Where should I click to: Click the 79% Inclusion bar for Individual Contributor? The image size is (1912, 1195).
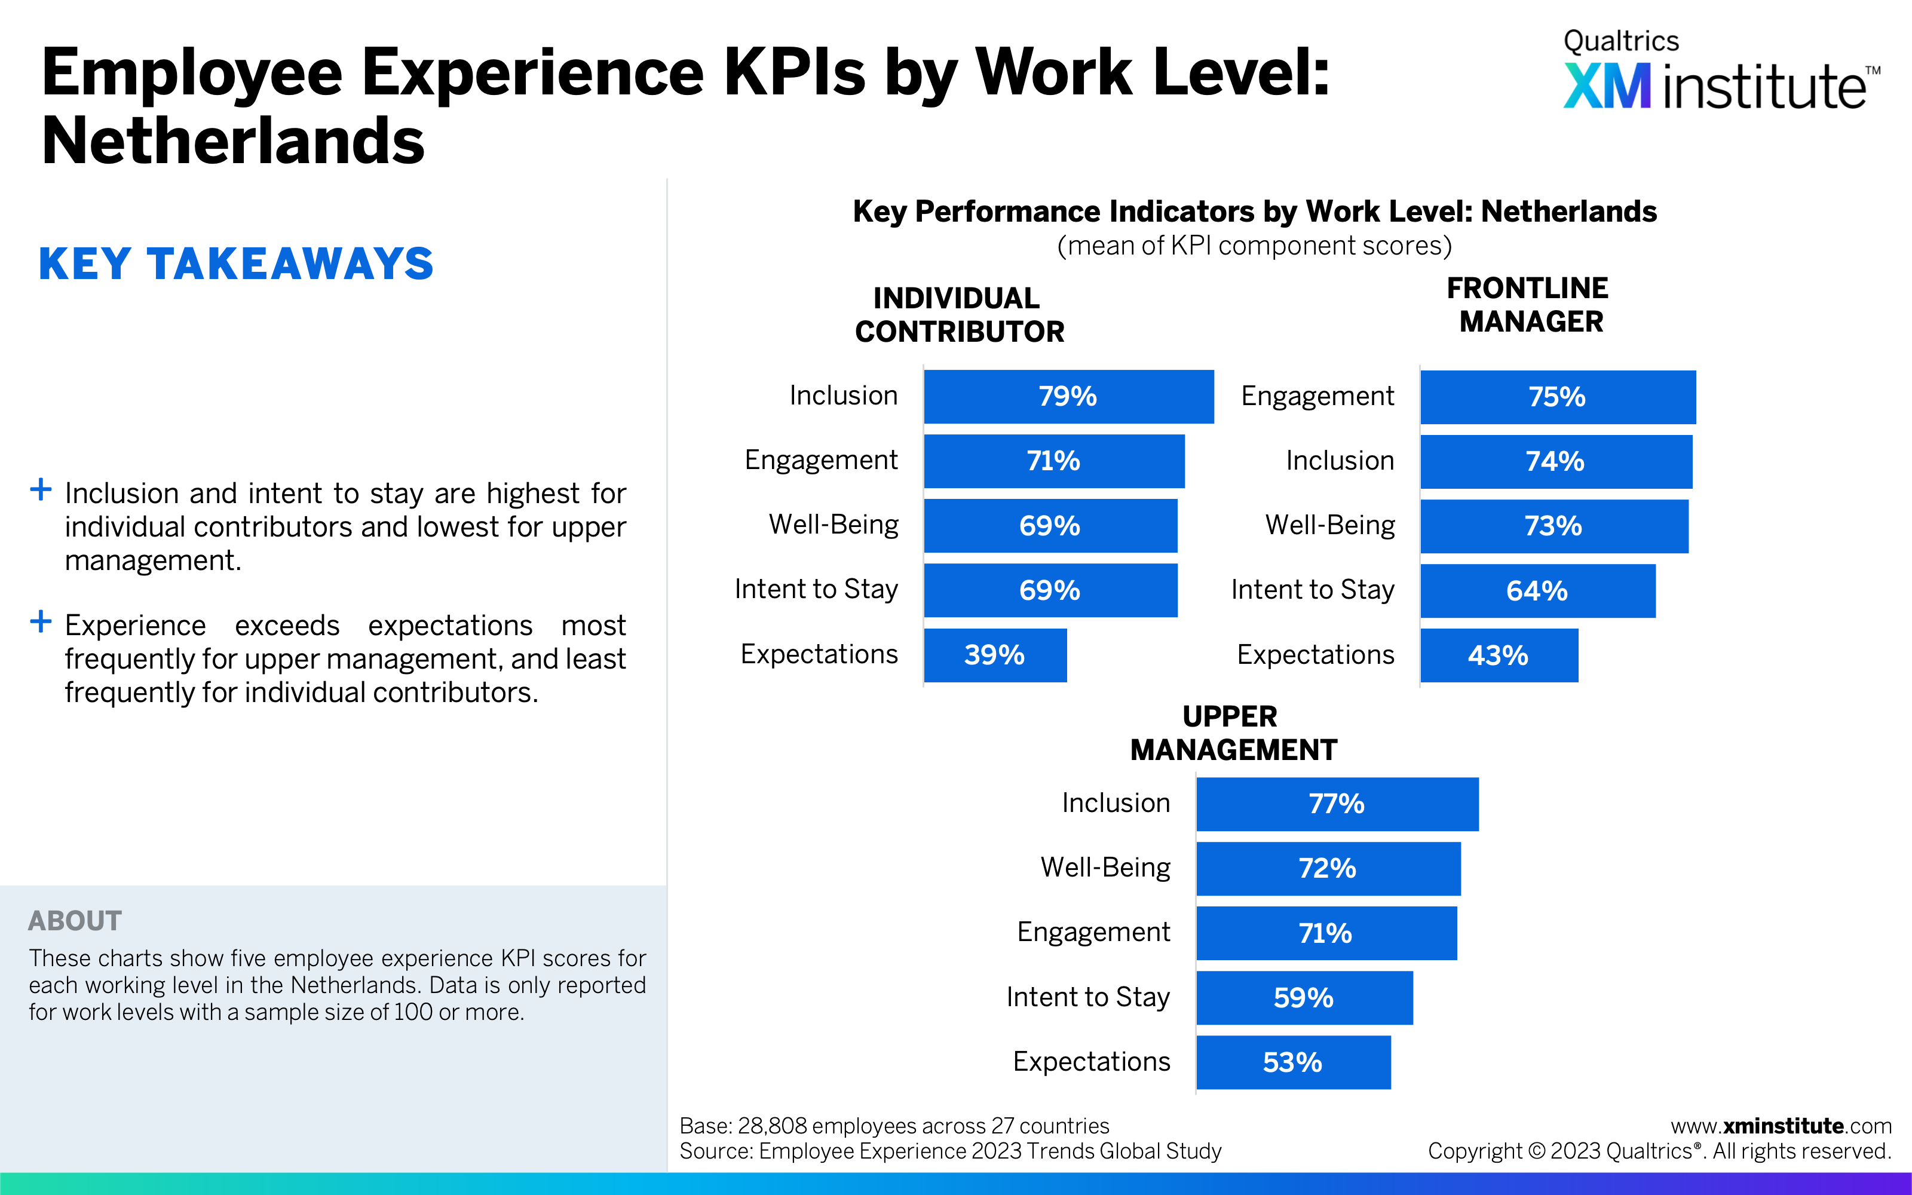(1068, 396)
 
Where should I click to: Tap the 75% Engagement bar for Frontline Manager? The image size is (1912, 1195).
(1557, 397)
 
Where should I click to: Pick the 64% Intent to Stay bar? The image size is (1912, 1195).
(1537, 590)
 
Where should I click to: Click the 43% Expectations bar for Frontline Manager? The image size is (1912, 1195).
(1498, 655)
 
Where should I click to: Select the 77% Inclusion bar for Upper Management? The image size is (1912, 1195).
(1337, 804)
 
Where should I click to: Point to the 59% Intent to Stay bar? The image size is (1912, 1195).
(1304, 997)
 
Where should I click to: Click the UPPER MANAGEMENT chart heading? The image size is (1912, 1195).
(1233, 733)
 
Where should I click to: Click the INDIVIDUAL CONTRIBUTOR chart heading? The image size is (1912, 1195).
(959, 314)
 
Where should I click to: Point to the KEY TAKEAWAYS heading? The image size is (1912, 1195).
(236, 264)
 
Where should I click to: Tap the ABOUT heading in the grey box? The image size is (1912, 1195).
(75, 921)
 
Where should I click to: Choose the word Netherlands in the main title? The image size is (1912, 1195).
(233, 140)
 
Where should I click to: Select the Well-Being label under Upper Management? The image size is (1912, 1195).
(1105, 867)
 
